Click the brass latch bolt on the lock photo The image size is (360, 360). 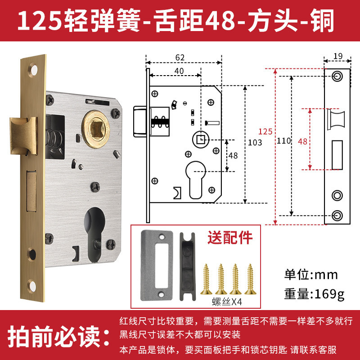click(23, 135)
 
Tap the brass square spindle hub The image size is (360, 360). click(96, 129)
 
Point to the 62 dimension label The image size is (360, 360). click(180, 58)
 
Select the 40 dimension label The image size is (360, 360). click(179, 71)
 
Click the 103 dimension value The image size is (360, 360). click(255, 143)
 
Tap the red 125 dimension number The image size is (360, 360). click(265, 131)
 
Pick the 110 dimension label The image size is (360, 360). click(283, 141)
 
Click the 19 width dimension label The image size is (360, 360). click(338, 56)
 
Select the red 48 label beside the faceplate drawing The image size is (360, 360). click(302, 141)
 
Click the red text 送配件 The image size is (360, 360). click(230, 238)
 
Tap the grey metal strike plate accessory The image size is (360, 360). click(157, 265)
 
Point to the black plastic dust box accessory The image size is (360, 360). click(188, 266)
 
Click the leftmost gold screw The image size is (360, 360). click(206, 279)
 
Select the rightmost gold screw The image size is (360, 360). click(250, 279)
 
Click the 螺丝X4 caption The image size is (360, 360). click(227, 301)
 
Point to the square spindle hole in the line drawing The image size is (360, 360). click(201, 139)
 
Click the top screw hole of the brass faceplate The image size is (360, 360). click(33, 70)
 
